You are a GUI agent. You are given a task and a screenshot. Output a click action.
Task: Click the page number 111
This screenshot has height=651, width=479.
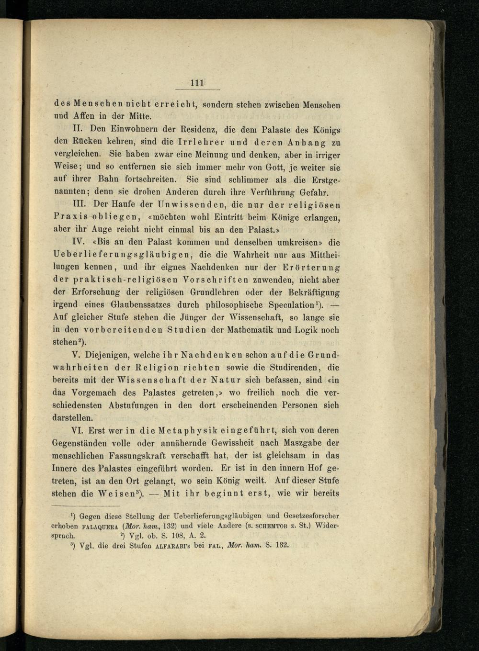click(x=197, y=83)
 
